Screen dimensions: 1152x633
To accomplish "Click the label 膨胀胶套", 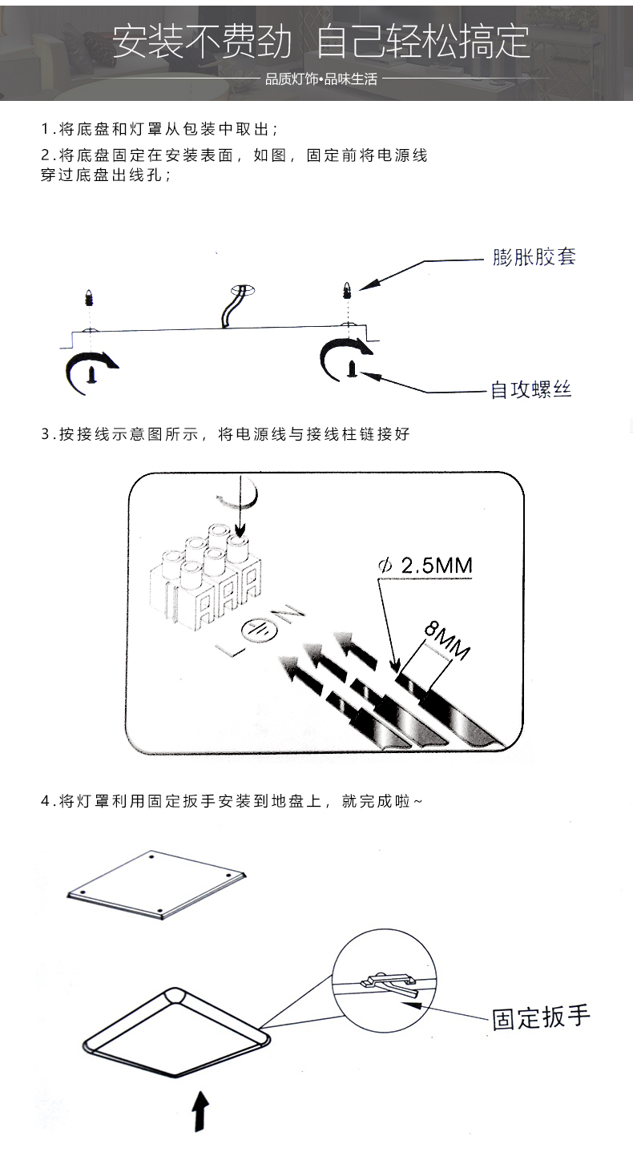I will point(534,257).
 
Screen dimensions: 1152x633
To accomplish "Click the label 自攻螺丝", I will point(530,390).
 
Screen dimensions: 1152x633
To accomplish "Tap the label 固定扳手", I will point(541,1017).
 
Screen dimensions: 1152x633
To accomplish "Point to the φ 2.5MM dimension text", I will point(425,566).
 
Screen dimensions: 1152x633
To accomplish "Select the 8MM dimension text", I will point(446,640).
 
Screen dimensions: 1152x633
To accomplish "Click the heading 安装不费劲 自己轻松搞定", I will point(321,42).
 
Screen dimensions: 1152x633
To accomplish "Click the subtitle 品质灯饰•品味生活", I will point(321,80).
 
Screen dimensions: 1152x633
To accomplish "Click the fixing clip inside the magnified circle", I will point(389,983).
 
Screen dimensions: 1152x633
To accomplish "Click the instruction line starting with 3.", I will point(225,434).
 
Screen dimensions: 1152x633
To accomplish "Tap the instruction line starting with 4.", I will point(232,800).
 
